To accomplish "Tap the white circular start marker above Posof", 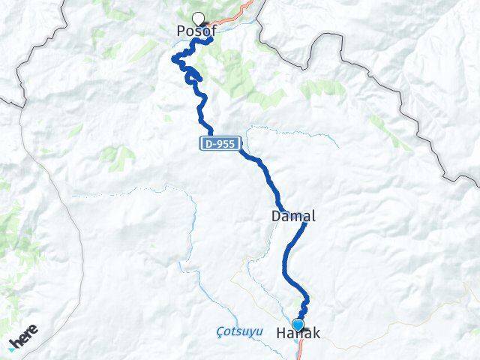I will pos(198,19).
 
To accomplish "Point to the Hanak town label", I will pos(298,334).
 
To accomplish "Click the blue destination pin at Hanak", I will pos(298,325).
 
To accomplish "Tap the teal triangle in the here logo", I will pos(13,346).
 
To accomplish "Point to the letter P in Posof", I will pos(181,31).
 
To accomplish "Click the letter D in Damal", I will pos(275,216).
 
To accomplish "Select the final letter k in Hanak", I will pos(315,334).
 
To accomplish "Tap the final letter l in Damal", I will pos(313,216).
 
